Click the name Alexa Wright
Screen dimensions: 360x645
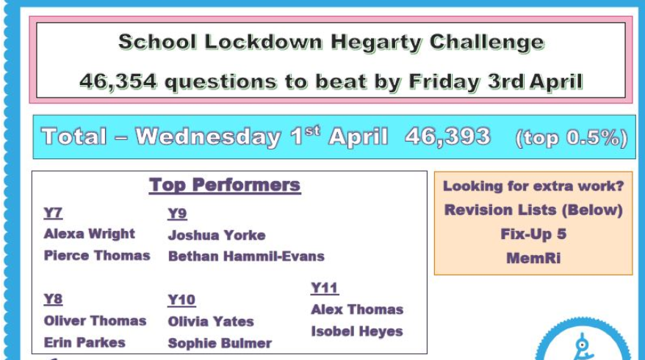[89, 234]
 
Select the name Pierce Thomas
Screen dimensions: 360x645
[96, 256]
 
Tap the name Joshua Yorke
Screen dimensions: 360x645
[216, 235]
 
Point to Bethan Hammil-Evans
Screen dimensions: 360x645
[245, 256]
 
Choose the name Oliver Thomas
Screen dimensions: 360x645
[95, 321]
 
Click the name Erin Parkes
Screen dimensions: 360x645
[84, 342]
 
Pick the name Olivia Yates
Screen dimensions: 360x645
[210, 321]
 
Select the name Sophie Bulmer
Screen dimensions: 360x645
[220, 343]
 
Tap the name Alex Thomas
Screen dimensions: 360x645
[356, 309]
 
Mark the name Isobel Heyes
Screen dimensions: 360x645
[356, 331]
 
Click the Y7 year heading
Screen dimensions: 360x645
[53, 213]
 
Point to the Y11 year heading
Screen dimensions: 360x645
[324, 288]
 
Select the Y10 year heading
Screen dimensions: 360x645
[181, 300]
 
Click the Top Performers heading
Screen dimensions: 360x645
[225, 185]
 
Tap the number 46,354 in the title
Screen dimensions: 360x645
[118, 81]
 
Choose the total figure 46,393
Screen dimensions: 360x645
[447, 136]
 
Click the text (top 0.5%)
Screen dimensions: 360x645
[572, 138]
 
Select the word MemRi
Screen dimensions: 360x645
[533, 258]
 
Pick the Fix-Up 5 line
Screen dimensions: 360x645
[533, 235]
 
